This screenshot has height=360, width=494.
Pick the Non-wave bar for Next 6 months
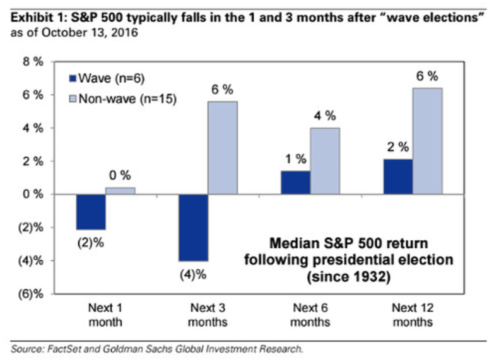(324, 161)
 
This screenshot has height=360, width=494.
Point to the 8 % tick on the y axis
(33, 62)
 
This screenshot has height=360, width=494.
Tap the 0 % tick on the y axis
(33, 194)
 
